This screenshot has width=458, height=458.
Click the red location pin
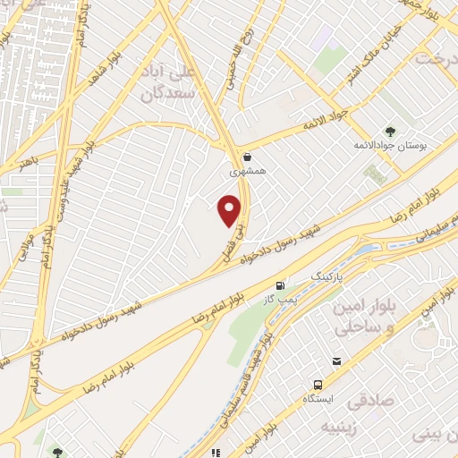point(231,210)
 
